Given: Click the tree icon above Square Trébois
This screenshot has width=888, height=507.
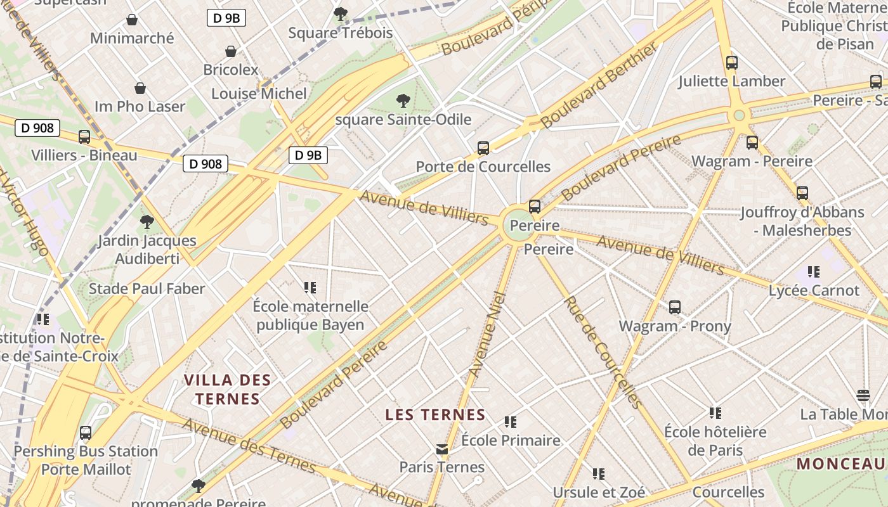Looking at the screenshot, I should (341, 13).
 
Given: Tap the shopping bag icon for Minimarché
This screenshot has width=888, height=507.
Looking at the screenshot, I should (132, 20).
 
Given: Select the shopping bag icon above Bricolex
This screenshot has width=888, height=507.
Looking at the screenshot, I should (231, 51).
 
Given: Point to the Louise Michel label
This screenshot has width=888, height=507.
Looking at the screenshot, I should (259, 94).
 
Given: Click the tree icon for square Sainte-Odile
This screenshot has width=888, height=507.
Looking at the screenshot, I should (403, 100).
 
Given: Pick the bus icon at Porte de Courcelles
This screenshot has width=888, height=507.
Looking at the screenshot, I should (483, 148).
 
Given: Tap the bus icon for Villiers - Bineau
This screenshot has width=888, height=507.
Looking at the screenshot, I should (84, 137).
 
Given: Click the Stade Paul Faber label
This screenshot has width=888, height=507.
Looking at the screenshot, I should (147, 289).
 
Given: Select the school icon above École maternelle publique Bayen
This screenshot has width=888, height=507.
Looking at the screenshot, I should (310, 288).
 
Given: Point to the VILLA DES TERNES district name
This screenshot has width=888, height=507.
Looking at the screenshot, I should (227, 389).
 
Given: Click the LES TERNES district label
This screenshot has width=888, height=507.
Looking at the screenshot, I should (435, 415).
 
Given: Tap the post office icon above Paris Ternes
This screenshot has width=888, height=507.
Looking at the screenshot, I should (442, 449).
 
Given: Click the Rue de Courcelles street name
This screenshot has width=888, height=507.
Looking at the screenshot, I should (603, 352).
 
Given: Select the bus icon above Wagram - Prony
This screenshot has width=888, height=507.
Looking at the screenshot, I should (675, 307).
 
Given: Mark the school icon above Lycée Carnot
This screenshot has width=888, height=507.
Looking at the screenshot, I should (814, 272).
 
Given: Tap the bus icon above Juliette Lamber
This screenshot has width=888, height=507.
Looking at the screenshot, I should (732, 63).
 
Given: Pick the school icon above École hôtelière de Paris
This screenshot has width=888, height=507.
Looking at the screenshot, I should (715, 413).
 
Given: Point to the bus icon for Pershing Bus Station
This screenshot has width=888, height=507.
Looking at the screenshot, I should (86, 433).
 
